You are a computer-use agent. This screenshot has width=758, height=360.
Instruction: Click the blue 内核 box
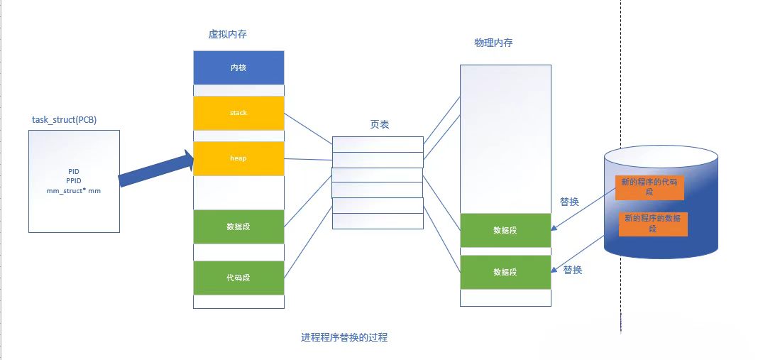click(x=238, y=68)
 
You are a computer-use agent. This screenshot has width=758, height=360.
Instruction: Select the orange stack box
click(x=238, y=113)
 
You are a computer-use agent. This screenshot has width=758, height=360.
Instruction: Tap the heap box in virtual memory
click(x=238, y=158)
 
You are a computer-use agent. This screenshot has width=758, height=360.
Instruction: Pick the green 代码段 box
click(x=238, y=278)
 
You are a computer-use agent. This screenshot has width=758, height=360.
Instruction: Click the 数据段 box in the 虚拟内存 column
click(x=238, y=227)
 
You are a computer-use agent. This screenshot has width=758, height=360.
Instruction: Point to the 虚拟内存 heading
click(x=228, y=34)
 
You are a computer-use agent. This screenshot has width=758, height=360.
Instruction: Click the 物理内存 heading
click(x=493, y=43)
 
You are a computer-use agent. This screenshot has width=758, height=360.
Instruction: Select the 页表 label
click(x=380, y=124)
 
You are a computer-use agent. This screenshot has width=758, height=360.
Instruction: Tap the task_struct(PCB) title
click(x=65, y=120)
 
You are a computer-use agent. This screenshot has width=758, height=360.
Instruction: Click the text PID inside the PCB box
click(x=75, y=172)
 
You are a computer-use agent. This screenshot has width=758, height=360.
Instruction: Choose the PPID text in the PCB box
click(x=75, y=181)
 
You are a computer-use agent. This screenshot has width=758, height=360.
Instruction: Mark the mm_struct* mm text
click(x=75, y=191)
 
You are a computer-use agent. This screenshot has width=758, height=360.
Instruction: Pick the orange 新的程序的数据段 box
click(x=652, y=224)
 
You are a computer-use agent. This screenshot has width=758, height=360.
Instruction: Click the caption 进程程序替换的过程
click(x=344, y=338)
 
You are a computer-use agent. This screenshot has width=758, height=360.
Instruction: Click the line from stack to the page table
click(x=308, y=129)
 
